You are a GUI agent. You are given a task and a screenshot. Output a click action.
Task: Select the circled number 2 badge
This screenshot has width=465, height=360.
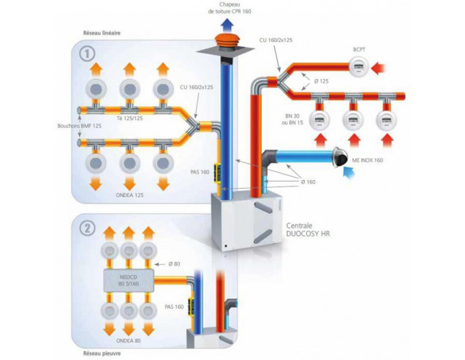pyautogui.click(x=87, y=227)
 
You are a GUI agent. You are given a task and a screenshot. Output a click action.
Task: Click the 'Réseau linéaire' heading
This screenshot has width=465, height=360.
pyautogui.click(x=102, y=33)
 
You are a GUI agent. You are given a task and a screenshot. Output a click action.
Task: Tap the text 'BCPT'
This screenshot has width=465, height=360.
pyautogui.click(x=359, y=50)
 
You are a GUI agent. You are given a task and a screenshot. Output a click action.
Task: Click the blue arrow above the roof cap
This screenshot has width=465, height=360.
pyautogui.click(x=229, y=25)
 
